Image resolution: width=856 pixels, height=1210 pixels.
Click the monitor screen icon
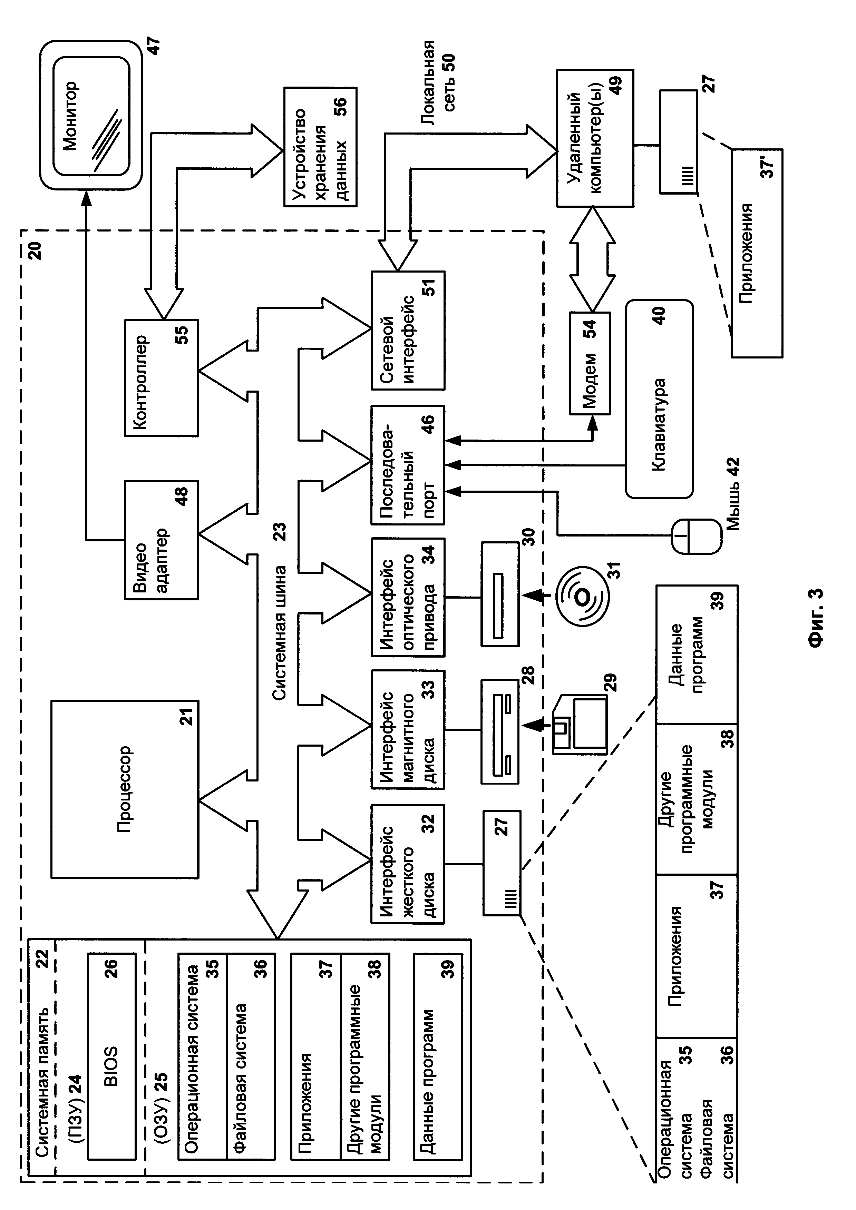(x=91, y=116)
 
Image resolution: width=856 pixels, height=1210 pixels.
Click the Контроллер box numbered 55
(x=161, y=377)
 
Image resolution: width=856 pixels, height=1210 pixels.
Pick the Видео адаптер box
(x=161, y=540)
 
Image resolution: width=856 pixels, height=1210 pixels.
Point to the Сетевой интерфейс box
(x=407, y=331)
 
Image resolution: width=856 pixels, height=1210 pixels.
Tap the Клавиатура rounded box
(x=659, y=399)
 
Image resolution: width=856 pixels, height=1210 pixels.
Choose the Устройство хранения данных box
(x=320, y=147)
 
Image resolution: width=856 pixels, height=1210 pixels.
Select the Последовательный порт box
(x=407, y=465)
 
